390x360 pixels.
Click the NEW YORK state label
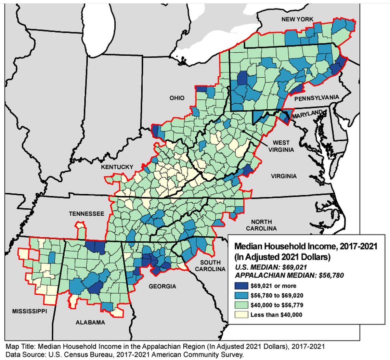(297, 20)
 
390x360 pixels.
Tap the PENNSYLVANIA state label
(316, 98)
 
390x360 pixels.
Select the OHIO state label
(177, 98)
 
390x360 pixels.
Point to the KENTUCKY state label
(117, 167)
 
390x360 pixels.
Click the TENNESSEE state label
(86, 214)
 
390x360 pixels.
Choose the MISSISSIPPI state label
(29, 311)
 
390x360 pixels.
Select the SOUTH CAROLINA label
(210, 266)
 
